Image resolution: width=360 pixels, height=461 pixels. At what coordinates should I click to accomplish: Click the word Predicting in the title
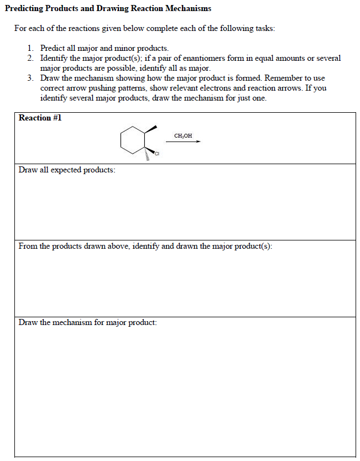pos(25,9)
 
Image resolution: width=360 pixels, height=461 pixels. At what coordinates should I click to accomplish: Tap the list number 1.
pos(30,49)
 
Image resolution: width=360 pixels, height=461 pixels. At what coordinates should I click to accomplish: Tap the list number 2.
pos(30,58)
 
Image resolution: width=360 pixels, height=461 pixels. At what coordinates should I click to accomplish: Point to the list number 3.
pos(30,78)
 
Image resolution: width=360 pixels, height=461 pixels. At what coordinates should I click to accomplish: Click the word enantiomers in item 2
pos(181,58)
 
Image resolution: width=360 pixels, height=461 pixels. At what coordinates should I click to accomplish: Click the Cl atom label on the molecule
pos(156,153)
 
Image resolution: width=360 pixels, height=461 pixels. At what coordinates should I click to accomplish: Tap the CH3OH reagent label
pos(183,135)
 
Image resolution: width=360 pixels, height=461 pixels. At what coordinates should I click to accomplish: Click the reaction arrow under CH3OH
pos(183,142)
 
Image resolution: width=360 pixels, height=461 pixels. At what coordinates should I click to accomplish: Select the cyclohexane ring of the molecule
pos(133,139)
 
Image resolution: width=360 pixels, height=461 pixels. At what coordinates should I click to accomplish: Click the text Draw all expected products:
pos(67,170)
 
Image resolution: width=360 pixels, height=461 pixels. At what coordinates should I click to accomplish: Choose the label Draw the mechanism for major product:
pos(87,322)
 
